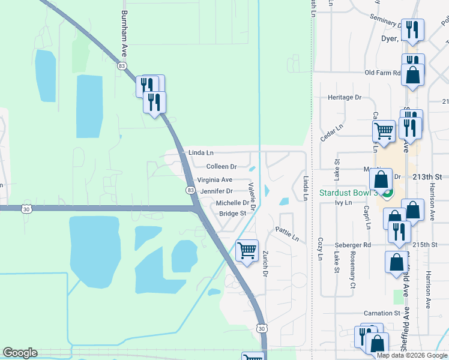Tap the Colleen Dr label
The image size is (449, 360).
(221, 166)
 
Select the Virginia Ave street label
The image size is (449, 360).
(214, 179)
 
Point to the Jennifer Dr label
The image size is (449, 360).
(216, 191)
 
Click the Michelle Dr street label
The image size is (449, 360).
(232, 203)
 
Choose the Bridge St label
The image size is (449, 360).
(233, 214)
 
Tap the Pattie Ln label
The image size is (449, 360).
(287, 233)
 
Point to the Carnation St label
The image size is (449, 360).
(382, 313)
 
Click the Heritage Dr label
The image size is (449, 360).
(345, 97)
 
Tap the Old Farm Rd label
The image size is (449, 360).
(382, 73)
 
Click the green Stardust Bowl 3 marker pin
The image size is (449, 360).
(388, 193)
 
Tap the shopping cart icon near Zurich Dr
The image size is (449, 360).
(247, 251)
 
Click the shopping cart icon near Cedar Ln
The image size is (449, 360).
(384, 130)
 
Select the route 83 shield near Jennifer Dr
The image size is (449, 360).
(190, 190)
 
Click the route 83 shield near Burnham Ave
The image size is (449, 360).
(122, 66)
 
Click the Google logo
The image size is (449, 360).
(20, 353)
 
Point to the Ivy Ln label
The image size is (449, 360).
(343, 203)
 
